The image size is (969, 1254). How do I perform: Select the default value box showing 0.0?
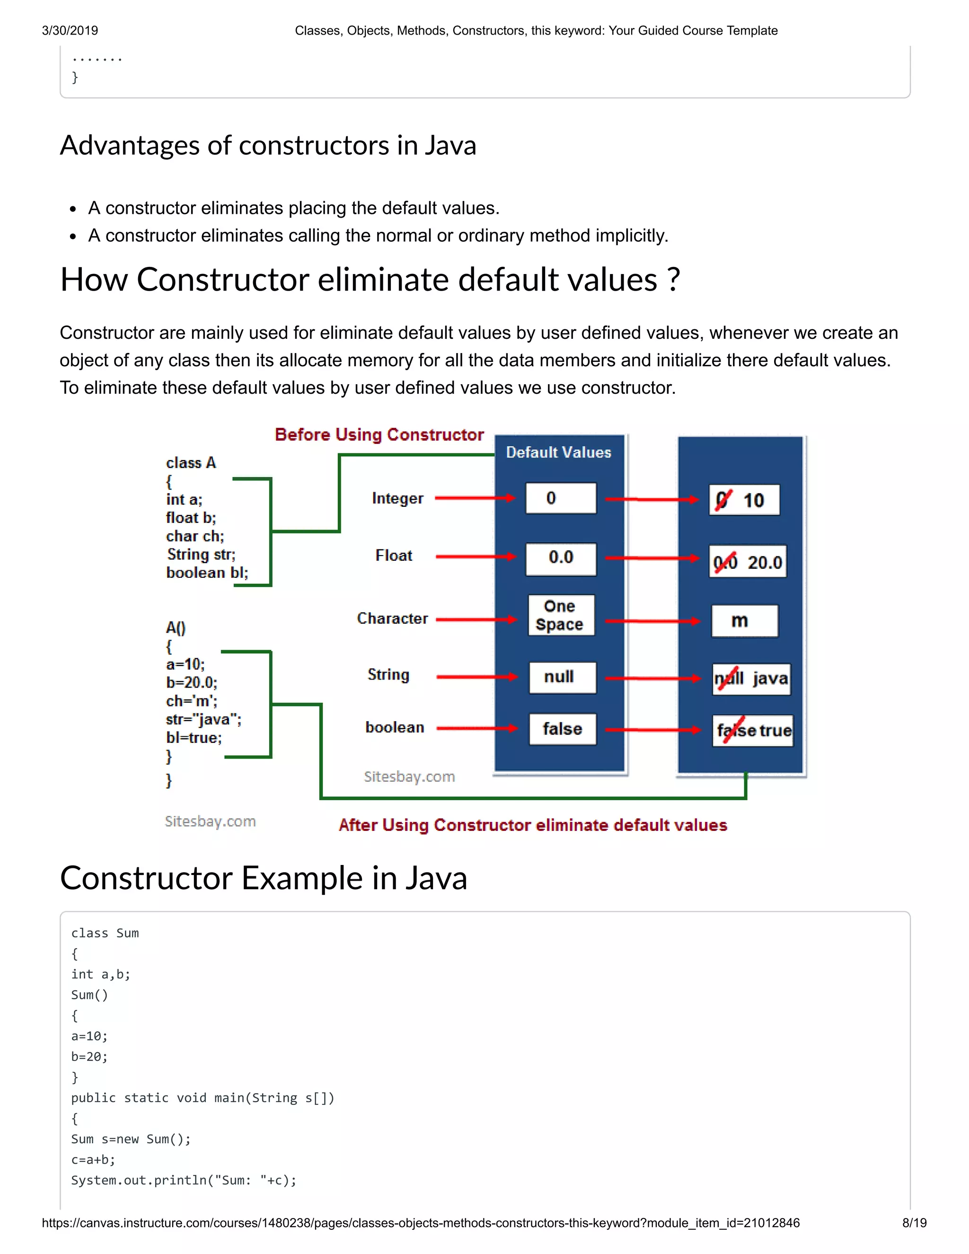561,557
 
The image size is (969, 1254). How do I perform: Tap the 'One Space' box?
560,615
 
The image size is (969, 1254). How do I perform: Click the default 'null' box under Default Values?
562,677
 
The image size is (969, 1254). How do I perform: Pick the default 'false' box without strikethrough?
562,729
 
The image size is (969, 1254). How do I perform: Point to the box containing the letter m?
744,621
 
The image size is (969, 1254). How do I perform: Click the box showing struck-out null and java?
751,679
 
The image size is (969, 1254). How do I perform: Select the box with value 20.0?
748,562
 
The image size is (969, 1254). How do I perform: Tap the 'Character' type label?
392,618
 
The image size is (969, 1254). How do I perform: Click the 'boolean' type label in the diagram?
395,727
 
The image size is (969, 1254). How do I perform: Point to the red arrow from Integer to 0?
476,498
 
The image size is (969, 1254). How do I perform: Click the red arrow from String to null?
476,677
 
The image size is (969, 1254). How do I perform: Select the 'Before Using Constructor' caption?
379,435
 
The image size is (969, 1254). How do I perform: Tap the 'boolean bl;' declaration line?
207,573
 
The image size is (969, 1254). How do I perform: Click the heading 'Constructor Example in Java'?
264,878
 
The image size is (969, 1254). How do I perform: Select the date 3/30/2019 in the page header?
70,30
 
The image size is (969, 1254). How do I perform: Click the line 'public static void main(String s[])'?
202,1098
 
